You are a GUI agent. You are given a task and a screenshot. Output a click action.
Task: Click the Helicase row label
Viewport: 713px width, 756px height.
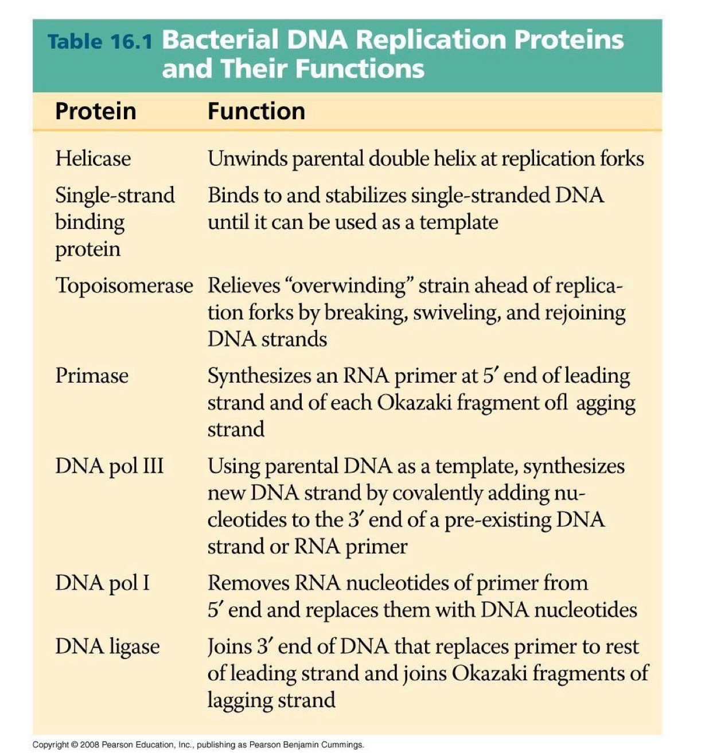[x=93, y=158]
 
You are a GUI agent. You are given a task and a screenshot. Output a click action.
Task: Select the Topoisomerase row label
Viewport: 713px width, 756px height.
[x=124, y=285]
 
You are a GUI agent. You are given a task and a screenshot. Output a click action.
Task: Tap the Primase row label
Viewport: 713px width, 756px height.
[x=92, y=376]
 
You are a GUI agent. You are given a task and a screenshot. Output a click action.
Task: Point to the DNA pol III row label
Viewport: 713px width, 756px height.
[x=109, y=466]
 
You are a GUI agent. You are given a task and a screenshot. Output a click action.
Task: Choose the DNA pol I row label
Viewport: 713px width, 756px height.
[x=102, y=583]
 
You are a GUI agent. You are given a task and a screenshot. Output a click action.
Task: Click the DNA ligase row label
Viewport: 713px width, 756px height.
[x=107, y=646]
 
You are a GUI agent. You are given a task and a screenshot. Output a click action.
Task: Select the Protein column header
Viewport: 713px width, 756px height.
[x=95, y=111]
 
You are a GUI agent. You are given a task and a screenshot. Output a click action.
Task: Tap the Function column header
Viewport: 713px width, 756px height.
[x=256, y=111]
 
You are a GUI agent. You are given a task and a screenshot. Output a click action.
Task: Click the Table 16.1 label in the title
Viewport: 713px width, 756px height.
[x=100, y=41]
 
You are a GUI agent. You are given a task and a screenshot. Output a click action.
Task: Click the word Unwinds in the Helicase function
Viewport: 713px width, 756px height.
[x=247, y=158]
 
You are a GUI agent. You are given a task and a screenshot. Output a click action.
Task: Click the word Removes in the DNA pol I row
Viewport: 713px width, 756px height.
[x=247, y=583]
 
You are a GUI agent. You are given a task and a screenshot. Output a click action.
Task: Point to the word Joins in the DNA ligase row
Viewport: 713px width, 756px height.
[x=228, y=646]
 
